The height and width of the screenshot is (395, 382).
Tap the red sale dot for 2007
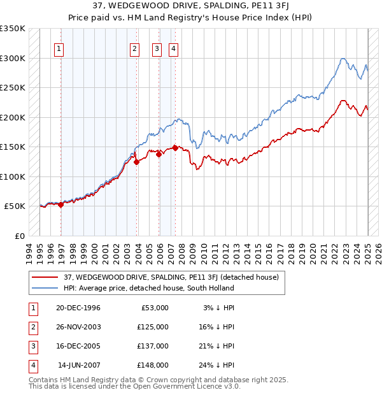[174, 148]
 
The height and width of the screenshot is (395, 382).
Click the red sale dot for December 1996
[61, 205]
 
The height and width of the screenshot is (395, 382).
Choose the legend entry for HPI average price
[148, 288]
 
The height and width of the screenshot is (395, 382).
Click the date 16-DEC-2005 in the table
[78, 346]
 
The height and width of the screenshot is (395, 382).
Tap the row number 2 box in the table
[32, 327]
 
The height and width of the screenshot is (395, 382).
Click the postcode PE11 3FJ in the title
[240, 6]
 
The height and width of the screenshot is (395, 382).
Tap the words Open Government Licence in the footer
[169, 386]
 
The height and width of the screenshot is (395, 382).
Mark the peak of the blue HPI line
[343, 59]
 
